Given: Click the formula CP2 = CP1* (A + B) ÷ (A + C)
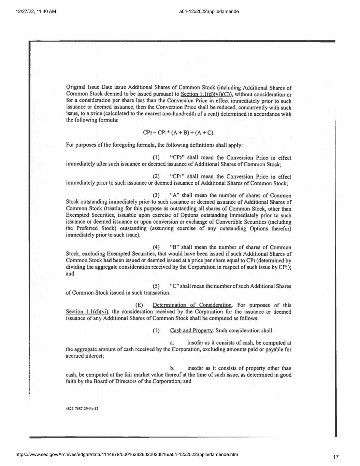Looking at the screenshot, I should coord(178,132).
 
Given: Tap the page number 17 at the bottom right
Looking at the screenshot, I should coord(336,457).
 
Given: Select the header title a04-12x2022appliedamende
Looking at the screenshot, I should coord(209,12).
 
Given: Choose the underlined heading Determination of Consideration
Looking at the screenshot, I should coord(192,305).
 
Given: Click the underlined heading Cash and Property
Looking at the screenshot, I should coord(191,330).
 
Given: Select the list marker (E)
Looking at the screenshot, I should coord(139,305).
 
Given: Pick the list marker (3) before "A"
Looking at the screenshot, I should coord(156,196).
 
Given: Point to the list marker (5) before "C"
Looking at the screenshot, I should coord(156,286).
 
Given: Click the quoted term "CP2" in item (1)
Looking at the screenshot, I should coord(177,158).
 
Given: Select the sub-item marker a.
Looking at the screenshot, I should coord(172,343).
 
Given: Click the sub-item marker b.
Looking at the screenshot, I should coord(172,368).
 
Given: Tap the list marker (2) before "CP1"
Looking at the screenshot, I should coord(156,176).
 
